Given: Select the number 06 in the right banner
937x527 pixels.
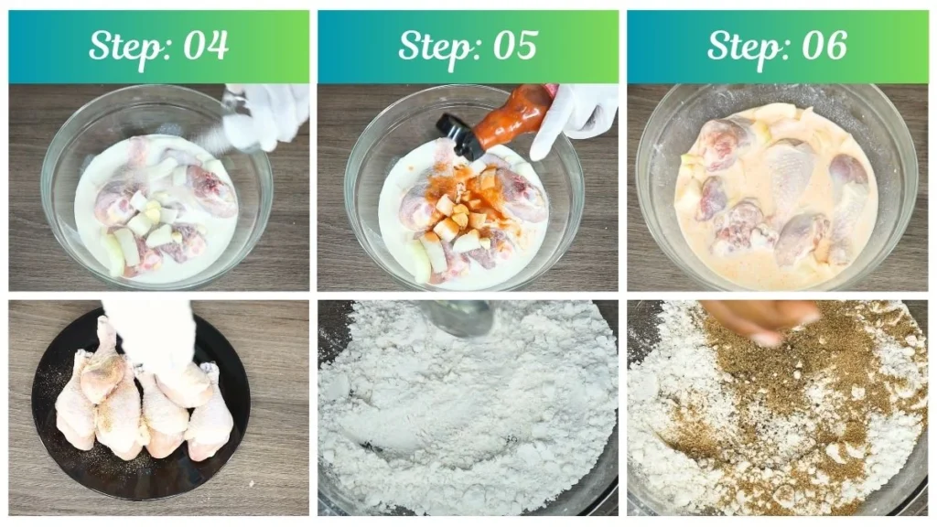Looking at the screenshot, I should (x=822, y=46).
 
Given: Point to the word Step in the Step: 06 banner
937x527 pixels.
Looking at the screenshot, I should (x=747, y=47).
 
